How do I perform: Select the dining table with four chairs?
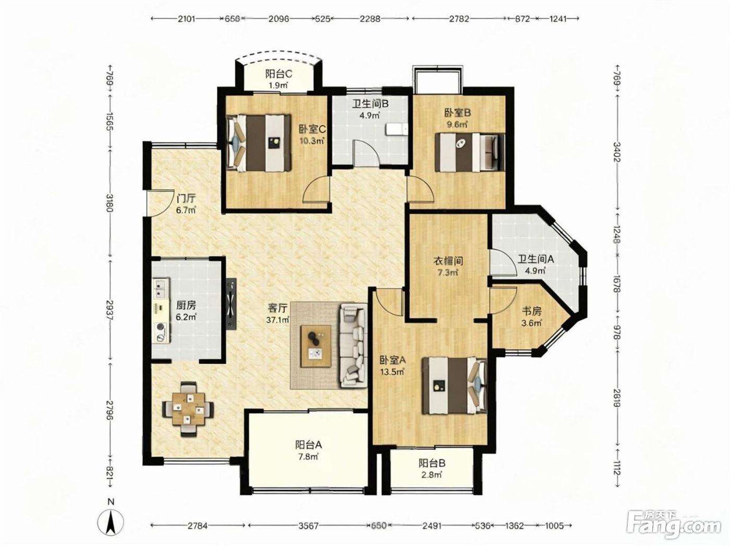coord(188,409)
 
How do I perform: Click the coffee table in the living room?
coord(315,346)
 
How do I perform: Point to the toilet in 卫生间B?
coord(396,130)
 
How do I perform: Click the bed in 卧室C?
coord(259,143)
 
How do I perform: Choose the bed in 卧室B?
coord(470,153)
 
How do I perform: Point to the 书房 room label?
coord(531,311)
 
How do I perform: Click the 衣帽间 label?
coord(448,261)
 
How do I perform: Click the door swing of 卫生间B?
coord(366,152)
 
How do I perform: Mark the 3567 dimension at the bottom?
coord(308,526)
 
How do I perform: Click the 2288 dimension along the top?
coord(370,19)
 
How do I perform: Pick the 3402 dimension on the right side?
coord(617,152)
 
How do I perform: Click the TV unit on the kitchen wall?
coord(232,304)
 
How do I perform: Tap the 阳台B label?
coord(432,463)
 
